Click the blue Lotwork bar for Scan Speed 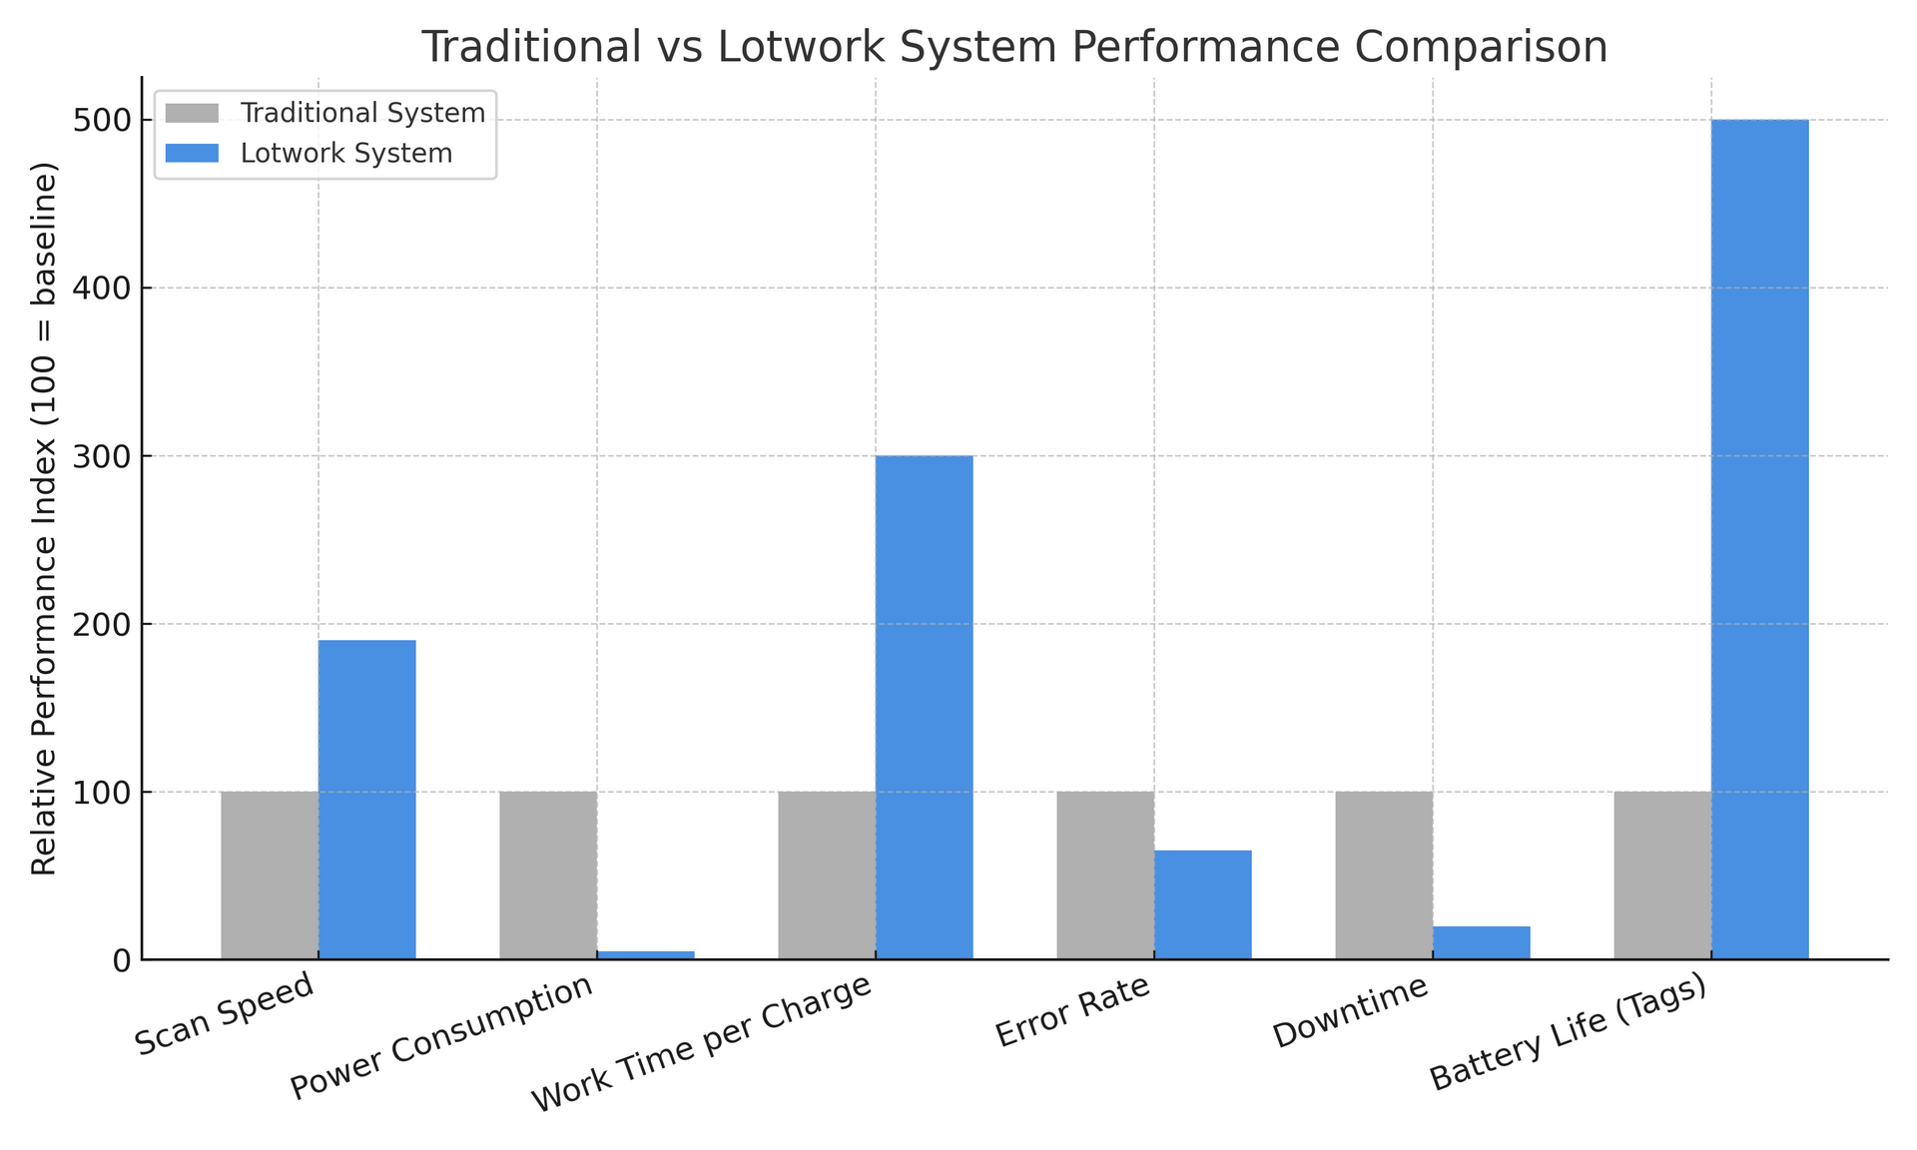coord(366,799)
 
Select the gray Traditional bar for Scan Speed coord(270,875)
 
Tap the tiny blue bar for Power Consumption coord(645,955)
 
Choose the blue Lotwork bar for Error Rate coord(1202,904)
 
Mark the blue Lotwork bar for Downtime coord(1481,942)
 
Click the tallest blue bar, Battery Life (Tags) coord(1759,539)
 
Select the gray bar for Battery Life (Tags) coord(1662,875)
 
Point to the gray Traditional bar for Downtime coord(1384,875)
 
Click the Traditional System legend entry coord(362,113)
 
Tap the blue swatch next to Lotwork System coord(192,154)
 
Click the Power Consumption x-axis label coord(442,1037)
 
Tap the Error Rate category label coord(1073,1011)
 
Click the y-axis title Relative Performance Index coord(44,519)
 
